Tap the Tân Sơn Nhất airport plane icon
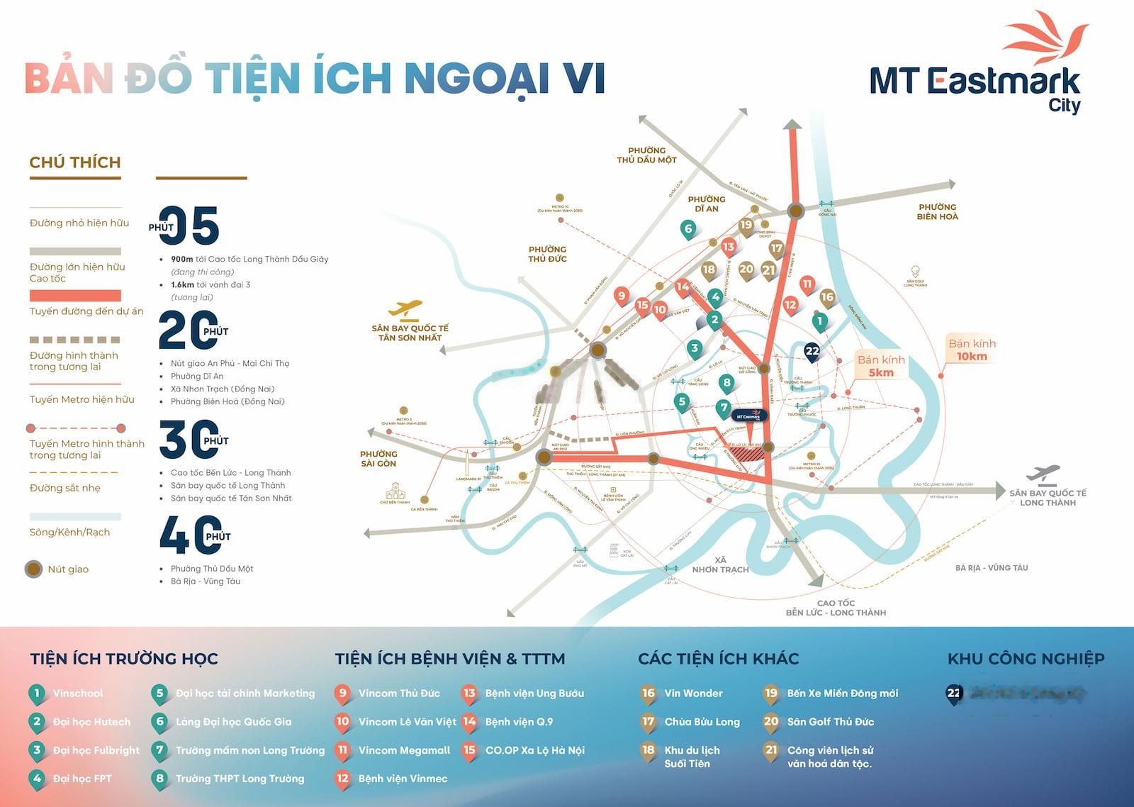pos(406,309)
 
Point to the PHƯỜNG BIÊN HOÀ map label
pos(937,212)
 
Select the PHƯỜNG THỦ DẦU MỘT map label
pos(646,155)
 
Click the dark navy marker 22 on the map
pos(812,351)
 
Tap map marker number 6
pos(687,229)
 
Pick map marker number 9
pos(622,296)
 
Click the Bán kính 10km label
pos(972,350)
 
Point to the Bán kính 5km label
pos(881,366)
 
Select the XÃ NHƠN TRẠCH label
pos(720,564)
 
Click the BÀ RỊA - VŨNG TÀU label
pos(991,567)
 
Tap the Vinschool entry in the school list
pos(77,693)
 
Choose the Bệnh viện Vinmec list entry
pos(403,778)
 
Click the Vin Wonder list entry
pos(693,693)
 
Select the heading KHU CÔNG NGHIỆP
pos(1026,659)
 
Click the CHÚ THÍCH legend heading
pos(75,162)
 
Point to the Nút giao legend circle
pos(33,569)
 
